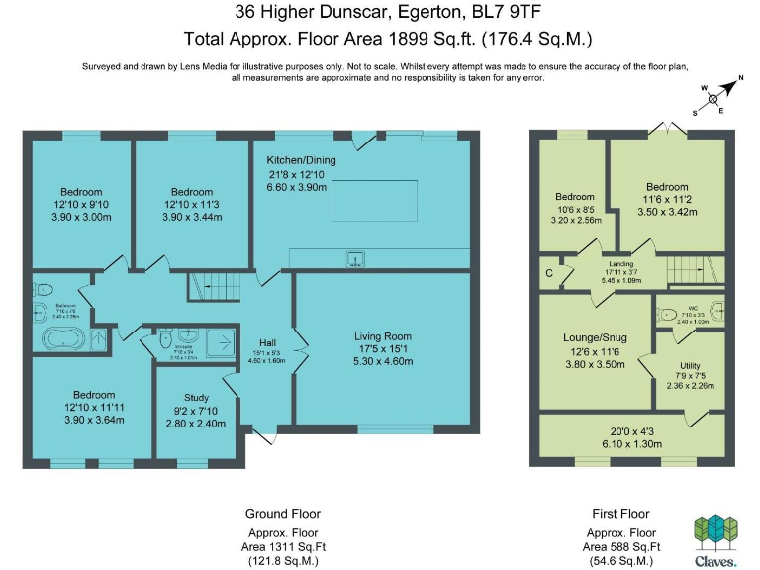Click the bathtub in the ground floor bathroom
click(x=61, y=340)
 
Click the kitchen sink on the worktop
click(x=354, y=260)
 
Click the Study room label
click(x=196, y=398)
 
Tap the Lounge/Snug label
click(x=594, y=336)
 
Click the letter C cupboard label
click(x=548, y=273)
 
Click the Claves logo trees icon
click(x=713, y=530)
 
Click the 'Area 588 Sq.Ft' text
click(x=621, y=547)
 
